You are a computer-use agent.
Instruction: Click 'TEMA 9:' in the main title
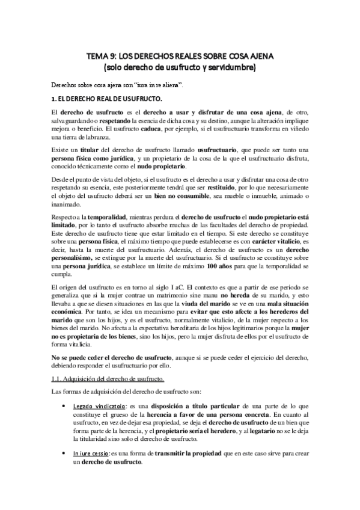click(101, 57)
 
